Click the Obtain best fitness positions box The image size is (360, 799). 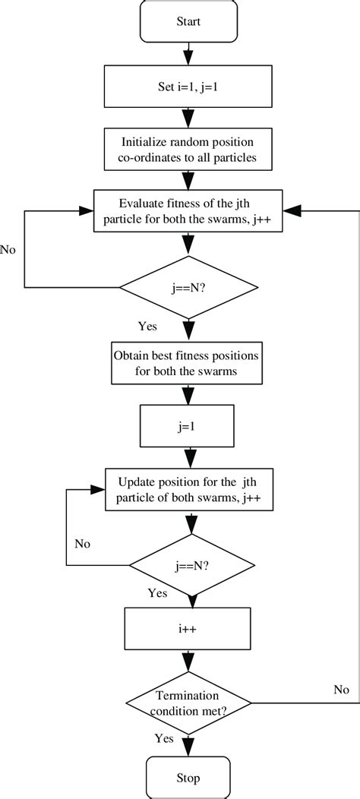coord(186,363)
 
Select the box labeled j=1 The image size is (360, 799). coord(186,427)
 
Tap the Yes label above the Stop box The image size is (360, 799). coord(164,737)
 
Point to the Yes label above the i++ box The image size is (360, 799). coord(157,592)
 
